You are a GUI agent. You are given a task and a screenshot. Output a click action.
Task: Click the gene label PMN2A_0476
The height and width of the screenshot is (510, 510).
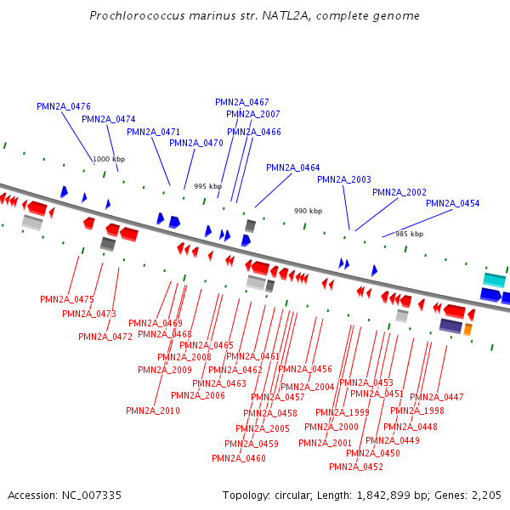click(64, 107)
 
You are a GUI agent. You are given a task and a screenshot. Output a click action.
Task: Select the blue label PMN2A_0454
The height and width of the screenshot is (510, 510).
click(452, 204)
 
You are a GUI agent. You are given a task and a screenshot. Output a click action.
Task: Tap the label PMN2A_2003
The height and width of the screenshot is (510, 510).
click(344, 180)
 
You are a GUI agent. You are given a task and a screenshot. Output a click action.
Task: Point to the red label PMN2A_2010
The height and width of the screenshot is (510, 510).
click(153, 411)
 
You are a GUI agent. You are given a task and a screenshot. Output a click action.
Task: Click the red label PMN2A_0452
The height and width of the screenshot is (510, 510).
click(356, 467)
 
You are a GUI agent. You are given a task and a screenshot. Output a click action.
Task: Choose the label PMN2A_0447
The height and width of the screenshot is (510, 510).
click(437, 398)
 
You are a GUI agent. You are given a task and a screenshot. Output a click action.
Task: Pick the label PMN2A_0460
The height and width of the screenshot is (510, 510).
click(239, 459)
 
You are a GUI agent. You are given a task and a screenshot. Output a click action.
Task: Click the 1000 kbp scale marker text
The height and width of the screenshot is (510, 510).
click(109, 160)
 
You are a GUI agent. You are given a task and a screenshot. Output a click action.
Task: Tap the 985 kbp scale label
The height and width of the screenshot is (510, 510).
click(409, 235)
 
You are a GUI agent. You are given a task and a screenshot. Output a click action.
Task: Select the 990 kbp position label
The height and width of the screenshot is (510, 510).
click(309, 212)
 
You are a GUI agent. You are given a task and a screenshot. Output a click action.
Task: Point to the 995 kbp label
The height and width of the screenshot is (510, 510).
click(207, 187)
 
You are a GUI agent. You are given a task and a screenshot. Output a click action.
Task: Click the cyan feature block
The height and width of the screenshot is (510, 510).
click(494, 280)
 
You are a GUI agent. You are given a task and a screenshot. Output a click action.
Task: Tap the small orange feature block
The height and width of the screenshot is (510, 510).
click(467, 329)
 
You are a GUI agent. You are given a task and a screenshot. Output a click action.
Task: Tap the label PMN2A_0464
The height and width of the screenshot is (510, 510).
click(293, 168)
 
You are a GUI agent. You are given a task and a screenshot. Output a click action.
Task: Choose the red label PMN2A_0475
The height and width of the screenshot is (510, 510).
click(67, 300)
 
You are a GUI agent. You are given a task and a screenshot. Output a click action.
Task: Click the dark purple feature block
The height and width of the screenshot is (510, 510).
click(450, 326)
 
